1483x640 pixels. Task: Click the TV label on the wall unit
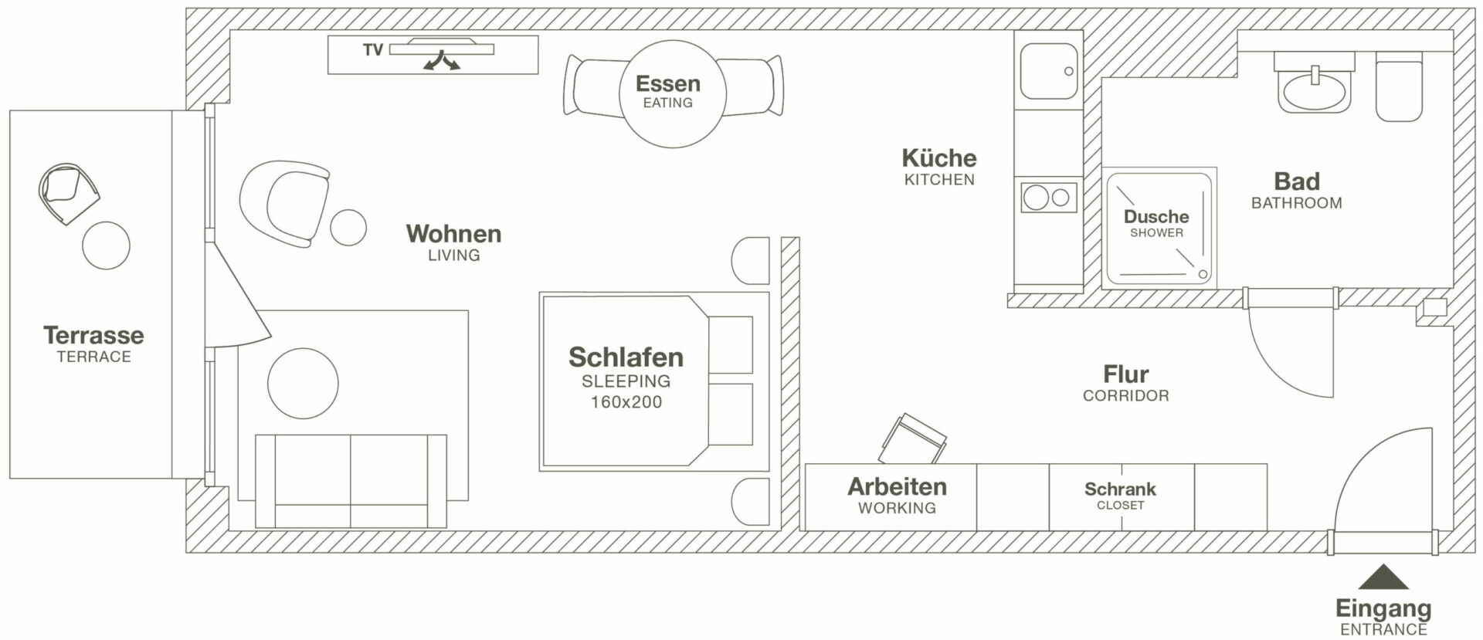pyautogui.click(x=373, y=50)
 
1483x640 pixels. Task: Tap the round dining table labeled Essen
pyautogui.click(x=671, y=93)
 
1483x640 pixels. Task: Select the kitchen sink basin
pyautogui.click(x=1048, y=71)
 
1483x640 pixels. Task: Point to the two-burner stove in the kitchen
pyautogui.click(x=1049, y=198)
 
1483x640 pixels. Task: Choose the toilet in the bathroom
pyautogui.click(x=1399, y=90)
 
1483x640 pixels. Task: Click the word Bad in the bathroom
pyautogui.click(x=1296, y=181)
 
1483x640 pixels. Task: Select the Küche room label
pyautogui.click(x=939, y=158)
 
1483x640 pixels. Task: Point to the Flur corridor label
pyautogui.click(x=1125, y=374)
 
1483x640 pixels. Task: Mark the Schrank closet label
pyautogui.click(x=1120, y=489)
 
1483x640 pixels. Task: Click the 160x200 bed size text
pyautogui.click(x=626, y=402)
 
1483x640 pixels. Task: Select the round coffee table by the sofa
pyautogui.click(x=303, y=384)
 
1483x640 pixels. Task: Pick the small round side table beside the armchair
pyautogui.click(x=348, y=227)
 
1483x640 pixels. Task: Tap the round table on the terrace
pyautogui.click(x=107, y=246)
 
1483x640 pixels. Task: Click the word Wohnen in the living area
pyautogui.click(x=453, y=233)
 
